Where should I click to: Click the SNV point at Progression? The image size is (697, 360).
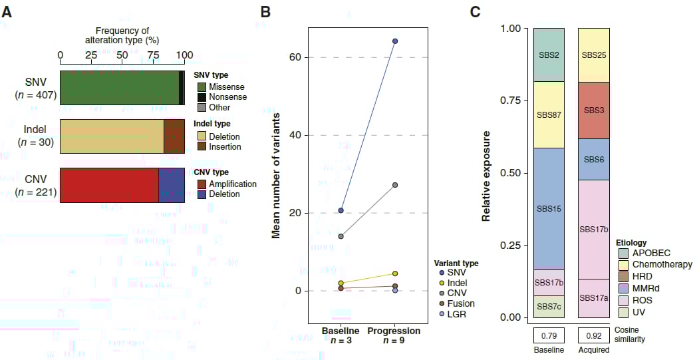(395, 41)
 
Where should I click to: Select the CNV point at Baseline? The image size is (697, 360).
(341, 236)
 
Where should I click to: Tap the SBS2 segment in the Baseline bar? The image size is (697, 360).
(549, 55)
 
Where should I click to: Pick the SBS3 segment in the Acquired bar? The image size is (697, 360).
(593, 110)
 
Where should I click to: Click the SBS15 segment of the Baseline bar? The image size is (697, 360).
(549, 208)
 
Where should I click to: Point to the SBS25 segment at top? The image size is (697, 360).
(593, 55)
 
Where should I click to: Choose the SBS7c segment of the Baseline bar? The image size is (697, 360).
(549, 306)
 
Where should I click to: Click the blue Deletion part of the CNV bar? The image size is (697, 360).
(171, 185)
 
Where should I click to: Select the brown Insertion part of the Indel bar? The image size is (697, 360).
(174, 136)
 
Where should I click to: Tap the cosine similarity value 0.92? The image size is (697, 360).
(593, 335)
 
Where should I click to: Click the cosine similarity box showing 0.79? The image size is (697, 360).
(549, 335)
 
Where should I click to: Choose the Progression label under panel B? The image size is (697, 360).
(394, 331)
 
